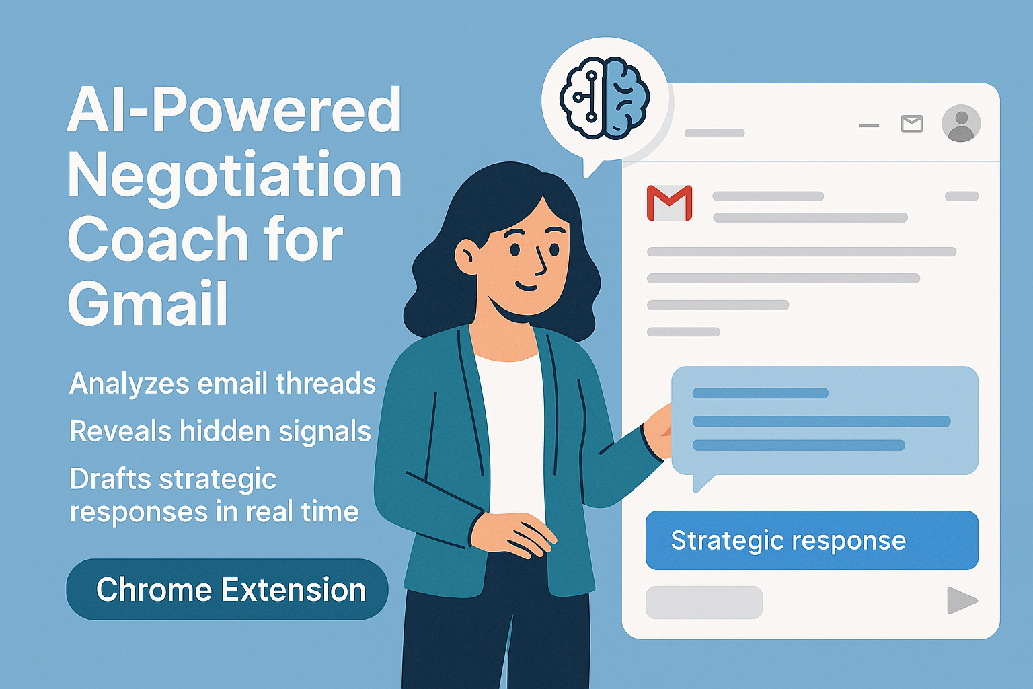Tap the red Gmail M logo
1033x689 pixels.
(669, 203)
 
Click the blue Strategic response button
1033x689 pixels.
(811, 540)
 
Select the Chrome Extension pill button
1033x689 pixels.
(227, 589)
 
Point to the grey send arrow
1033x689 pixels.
(962, 600)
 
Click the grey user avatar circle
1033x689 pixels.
(960, 124)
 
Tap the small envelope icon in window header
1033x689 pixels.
(911, 124)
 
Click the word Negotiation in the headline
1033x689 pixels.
(234, 176)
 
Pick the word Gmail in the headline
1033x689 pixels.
(148, 303)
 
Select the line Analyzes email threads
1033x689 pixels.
(222, 384)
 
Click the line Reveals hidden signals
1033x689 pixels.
(220, 431)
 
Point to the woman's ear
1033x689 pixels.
(466, 256)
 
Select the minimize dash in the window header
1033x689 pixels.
(869, 125)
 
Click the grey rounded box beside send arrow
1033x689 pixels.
(703, 602)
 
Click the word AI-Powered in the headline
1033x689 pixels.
(234, 111)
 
